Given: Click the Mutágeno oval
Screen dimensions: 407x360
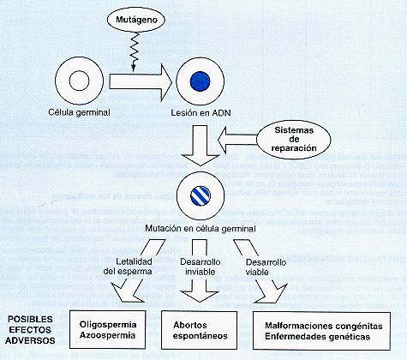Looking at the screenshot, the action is click(x=136, y=20).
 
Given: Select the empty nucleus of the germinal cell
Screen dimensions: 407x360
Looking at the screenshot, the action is click(x=79, y=81).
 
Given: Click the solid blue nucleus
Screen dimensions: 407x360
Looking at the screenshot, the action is click(x=201, y=81).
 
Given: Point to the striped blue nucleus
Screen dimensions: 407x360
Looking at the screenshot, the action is click(x=201, y=196).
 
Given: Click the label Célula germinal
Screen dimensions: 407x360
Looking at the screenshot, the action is click(x=79, y=112).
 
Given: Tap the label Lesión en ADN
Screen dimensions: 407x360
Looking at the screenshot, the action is click(x=201, y=113).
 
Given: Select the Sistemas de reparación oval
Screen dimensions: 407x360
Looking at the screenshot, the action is click(x=294, y=140).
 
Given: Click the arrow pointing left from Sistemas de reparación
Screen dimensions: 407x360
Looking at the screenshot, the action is click(x=237, y=140).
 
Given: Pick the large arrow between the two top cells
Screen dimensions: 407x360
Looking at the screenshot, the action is click(x=141, y=82).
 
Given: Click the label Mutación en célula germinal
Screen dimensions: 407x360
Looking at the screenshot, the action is click(x=201, y=229).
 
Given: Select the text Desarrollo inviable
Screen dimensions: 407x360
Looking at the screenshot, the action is click(x=200, y=267).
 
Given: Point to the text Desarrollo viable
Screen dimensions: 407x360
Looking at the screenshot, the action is click(x=266, y=267).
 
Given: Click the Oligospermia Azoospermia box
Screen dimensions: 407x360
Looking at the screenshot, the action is click(x=108, y=329).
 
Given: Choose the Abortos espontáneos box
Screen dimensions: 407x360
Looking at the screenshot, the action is click(x=200, y=330).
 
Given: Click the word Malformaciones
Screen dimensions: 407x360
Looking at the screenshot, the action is click(x=298, y=326).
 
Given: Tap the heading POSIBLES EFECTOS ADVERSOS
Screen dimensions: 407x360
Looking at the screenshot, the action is click(x=30, y=330).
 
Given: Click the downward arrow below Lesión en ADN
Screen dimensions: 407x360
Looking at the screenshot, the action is click(x=201, y=146).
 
